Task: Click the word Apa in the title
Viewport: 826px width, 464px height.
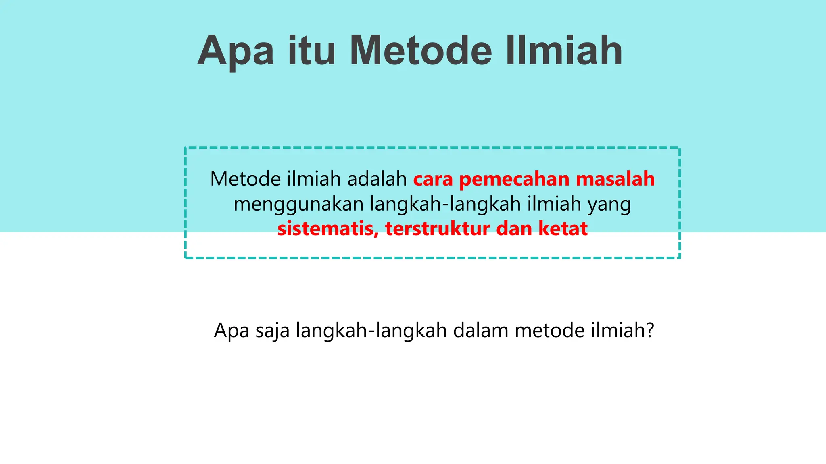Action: click(236, 51)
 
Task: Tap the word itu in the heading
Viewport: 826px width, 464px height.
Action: click(311, 51)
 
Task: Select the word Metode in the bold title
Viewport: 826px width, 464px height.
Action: click(421, 51)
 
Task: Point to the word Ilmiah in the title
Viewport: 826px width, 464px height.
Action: click(564, 51)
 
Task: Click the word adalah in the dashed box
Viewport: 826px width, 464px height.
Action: click(377, 179)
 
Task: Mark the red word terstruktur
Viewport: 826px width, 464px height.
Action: click(437, 229)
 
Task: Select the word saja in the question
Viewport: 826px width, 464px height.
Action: click(272, 331)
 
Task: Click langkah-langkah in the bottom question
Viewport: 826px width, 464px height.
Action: click(371, 331)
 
